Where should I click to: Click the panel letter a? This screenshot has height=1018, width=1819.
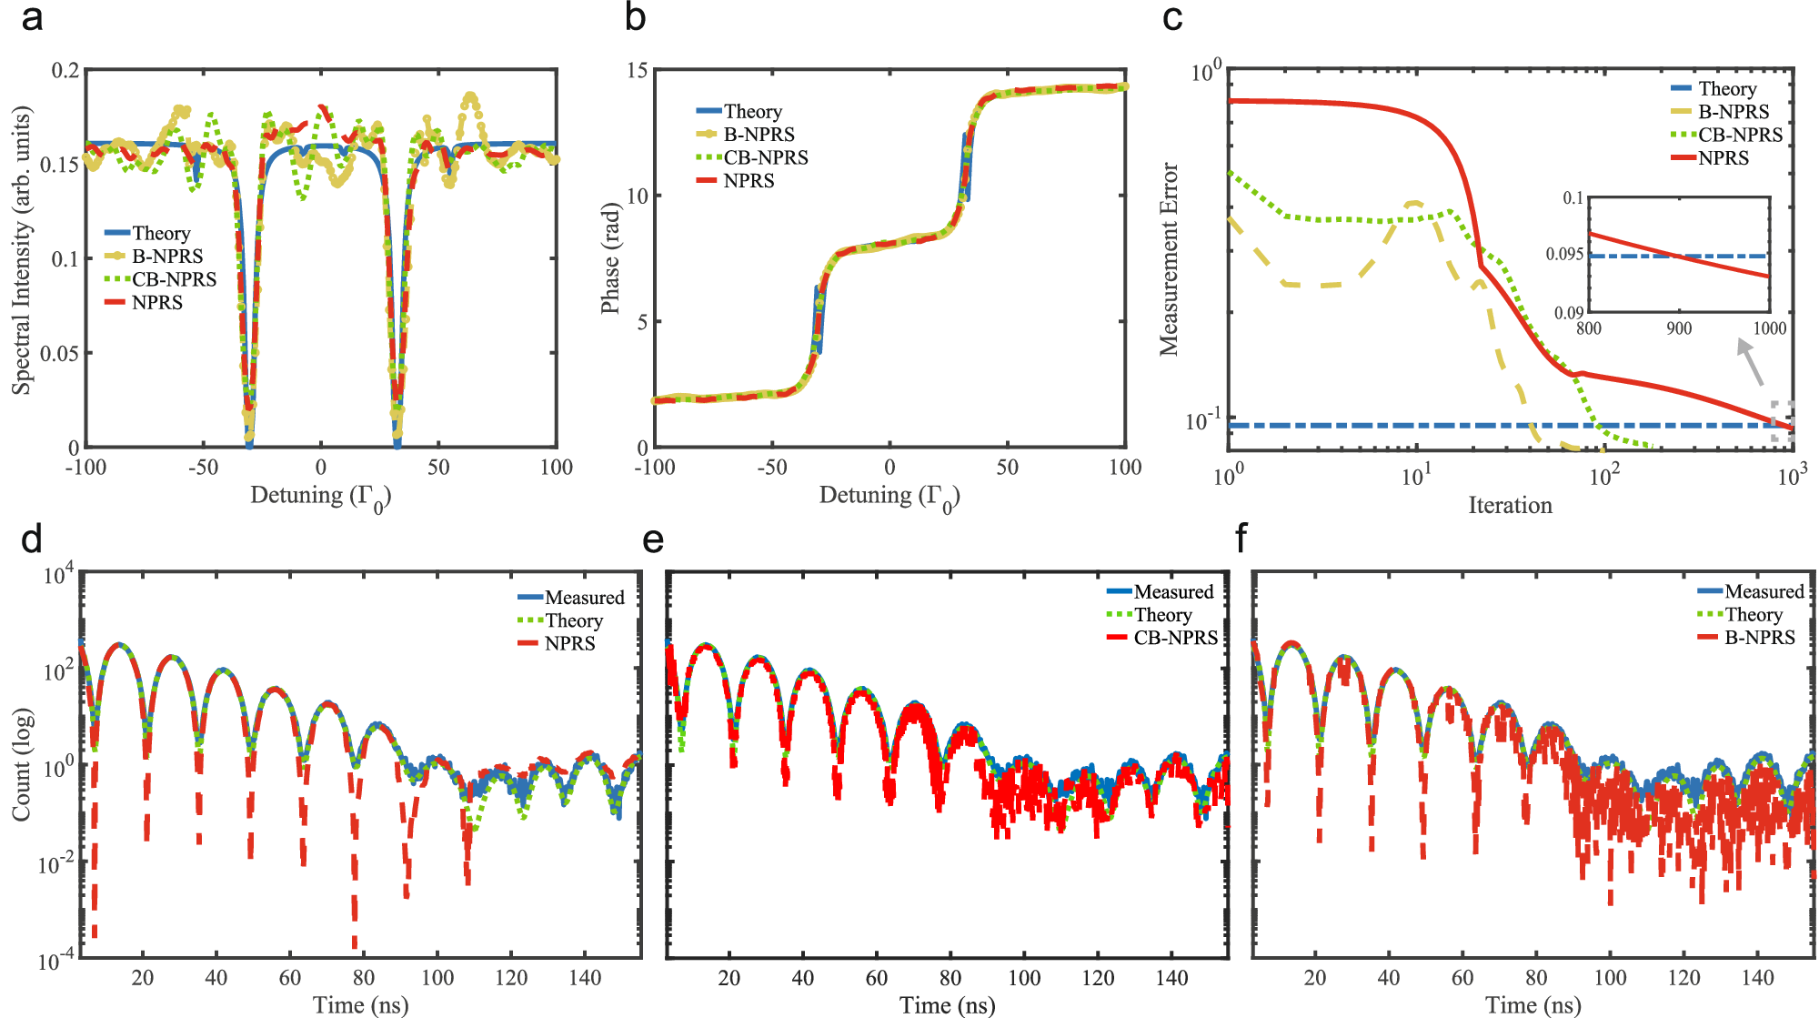tap(32, 18)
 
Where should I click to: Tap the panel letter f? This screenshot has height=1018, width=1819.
tap(1242, 539)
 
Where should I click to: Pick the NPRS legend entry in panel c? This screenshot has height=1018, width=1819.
tap(1723, 158)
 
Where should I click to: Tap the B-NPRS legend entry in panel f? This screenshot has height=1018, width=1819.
tap(1759, 638)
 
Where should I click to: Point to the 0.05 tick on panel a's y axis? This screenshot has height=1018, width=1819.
tap(59, 353)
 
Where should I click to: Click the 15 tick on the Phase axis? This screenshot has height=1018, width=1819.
tap(637, 70)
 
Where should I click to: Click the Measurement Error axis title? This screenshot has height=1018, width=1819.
tap(1169, 259)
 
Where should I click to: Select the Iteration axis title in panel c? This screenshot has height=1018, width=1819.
tap(1510, 506)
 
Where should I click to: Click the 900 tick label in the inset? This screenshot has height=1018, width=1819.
tap(1679, 328)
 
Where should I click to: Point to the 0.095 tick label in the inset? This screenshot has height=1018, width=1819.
tap(1564, 254)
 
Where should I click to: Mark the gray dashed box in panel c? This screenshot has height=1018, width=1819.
tap(1783, 421)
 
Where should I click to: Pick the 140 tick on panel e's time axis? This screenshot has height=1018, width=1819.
tap(1171, 978)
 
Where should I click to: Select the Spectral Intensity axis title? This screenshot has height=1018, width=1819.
tap(21, 250)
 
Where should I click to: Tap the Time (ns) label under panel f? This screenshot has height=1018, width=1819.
tap(1533, 1005)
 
